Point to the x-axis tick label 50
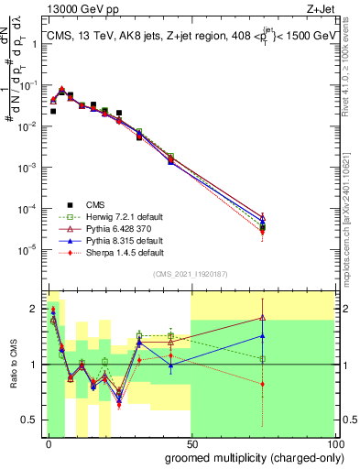(x=191, y=443)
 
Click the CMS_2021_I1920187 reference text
(x=191, y=274)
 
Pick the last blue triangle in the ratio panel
(x=263, y=335)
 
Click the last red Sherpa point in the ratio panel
(x=263, y=384)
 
